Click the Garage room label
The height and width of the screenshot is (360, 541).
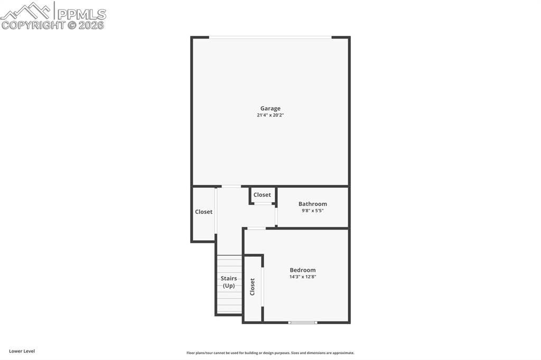(x=270, y=109)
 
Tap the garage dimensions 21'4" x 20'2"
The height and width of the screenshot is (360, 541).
(x=270, y=115)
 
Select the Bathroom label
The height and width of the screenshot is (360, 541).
(x=313, y=204)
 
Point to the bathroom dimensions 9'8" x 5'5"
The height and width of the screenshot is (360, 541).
(x=313, y=211)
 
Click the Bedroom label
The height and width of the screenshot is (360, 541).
(x=303, y=270)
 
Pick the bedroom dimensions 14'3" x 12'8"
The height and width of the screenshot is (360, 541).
(x=303, y=277)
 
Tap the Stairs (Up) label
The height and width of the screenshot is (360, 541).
(x=229, y=282)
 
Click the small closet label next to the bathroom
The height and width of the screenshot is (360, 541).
(x=262, y=195)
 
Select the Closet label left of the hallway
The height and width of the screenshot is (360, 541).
(x=203, y=212)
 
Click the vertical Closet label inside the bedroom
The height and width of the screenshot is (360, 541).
(x=253, y=287)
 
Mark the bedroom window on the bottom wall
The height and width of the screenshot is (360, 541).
(x=303, y=322)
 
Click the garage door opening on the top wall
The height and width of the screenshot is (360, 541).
(x=270, y=37)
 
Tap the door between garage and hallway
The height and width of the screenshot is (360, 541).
(x=231, y=186)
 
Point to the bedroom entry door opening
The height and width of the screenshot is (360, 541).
(x=256, y=228)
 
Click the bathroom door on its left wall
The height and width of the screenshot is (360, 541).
(x=276, y=216)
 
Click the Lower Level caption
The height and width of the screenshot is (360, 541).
(x=22, y=351)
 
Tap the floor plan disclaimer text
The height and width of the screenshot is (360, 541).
(x=270, y=353)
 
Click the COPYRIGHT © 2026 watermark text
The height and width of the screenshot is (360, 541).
(x=53, y=25)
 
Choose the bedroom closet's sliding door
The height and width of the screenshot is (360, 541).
(x=263, y=287)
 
